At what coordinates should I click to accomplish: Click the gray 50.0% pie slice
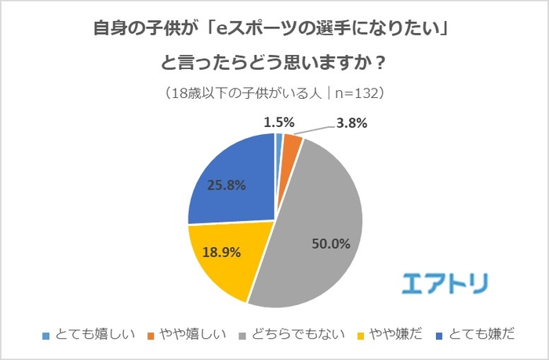point(322,227)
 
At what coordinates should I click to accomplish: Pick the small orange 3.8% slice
point(290,145)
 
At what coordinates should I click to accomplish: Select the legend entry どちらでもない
point(294,334)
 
